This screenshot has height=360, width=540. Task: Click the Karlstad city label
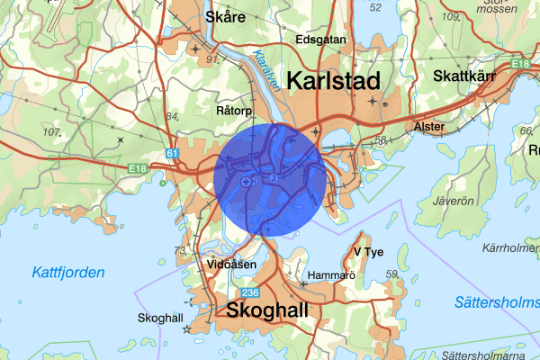(x=332, y=81)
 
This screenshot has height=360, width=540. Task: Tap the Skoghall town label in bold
(x=269, y=311)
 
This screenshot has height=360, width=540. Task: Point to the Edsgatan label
(x=320, y=40)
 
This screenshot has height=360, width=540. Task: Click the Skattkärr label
(x=464, y=76)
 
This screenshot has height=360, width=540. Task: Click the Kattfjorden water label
(x=67, y=272)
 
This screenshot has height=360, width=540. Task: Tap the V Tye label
(x=369, y=251)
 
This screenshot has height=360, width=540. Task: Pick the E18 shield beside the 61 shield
(x=137, y=167)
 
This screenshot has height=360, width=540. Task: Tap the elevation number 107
(x=51, y=132)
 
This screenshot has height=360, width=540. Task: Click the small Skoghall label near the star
(x=160, y=318)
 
